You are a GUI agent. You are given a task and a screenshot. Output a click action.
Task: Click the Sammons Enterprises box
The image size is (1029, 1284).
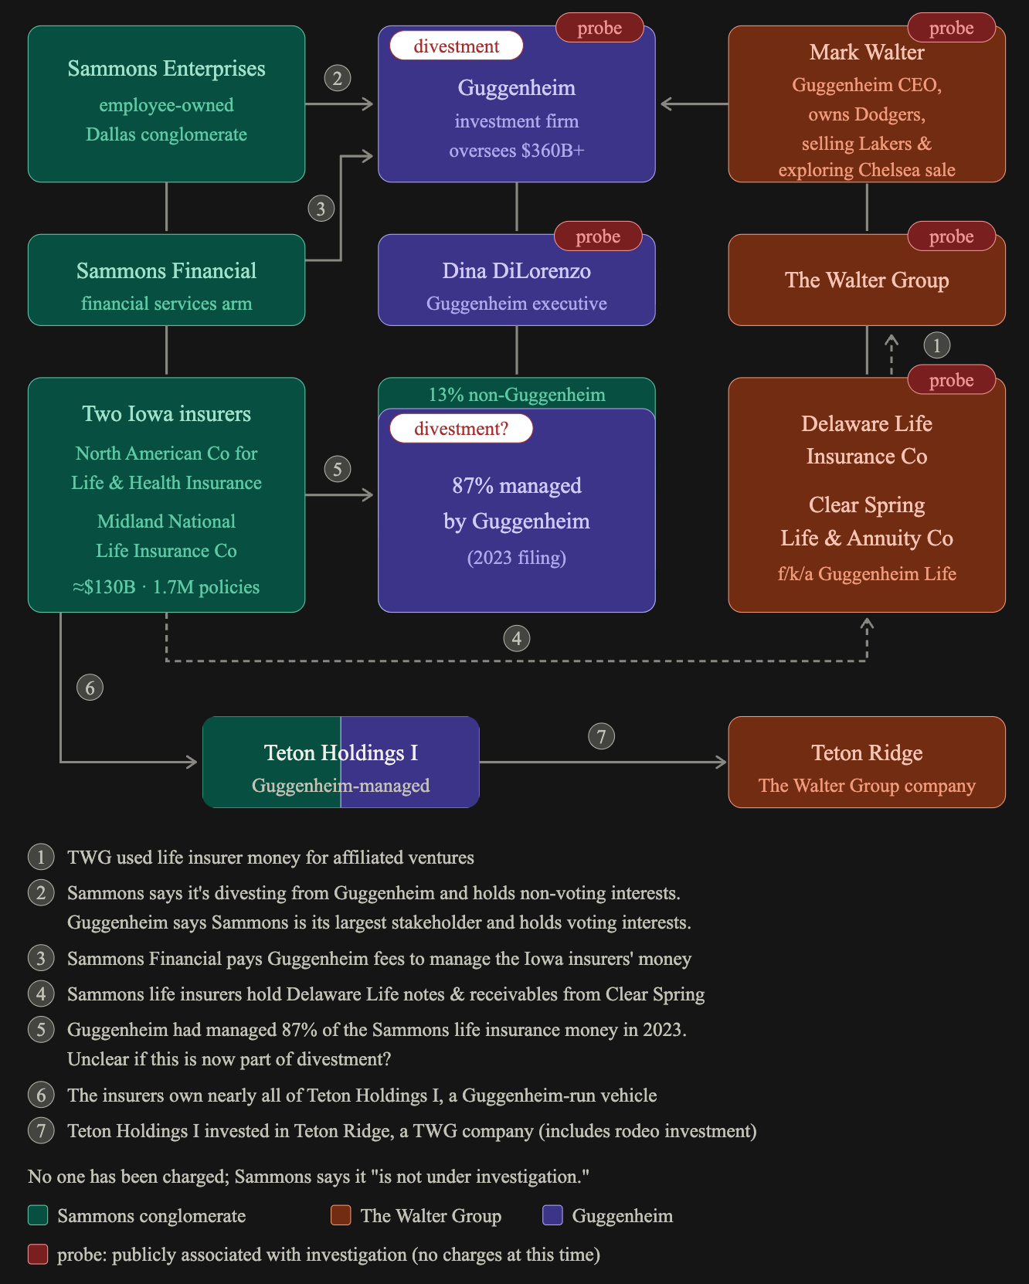tap(166, 104)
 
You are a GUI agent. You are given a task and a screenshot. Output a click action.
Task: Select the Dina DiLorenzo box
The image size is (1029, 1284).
tap(517, 280)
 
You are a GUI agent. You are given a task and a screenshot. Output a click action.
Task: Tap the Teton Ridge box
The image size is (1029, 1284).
tap(867, 763)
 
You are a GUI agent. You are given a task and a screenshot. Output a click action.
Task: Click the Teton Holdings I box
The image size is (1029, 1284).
tap(341, 763)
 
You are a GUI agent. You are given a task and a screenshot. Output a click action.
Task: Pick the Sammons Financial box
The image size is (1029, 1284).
tap(166, 280)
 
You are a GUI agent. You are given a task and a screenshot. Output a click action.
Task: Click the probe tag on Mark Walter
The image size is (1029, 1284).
tap(951, 28)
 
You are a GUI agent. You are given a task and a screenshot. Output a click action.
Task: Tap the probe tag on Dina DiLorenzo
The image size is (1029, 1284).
tap(598, 236)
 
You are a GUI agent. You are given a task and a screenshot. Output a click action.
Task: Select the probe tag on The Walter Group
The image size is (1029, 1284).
tap(951, 236)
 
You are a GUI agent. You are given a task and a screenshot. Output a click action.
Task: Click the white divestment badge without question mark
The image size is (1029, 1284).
tap(457, 46)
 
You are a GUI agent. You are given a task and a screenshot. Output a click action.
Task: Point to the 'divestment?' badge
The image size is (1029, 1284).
tap(461, 429)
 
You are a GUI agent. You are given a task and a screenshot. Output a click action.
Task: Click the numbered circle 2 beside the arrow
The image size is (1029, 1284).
tap(338, 78)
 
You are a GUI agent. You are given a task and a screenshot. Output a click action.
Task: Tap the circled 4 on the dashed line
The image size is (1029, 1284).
tap(517, 639)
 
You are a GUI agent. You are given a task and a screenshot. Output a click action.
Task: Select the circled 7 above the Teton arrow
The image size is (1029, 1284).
tap(602, 736)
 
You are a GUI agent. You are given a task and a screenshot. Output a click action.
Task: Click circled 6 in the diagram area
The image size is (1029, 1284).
tap(90, 688)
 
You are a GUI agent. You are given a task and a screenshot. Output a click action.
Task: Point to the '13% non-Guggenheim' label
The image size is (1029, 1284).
tap(517, 395)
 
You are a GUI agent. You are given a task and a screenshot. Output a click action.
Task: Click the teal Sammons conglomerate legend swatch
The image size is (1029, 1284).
tap(38, 1215)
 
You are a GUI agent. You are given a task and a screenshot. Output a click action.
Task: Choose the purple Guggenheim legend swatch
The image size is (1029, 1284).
tap(552, 1215)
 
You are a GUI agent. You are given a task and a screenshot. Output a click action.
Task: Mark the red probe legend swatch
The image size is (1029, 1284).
tap(38, 1254)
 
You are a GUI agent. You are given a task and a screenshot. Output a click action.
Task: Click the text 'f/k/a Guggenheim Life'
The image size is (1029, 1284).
tap(867, 574)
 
